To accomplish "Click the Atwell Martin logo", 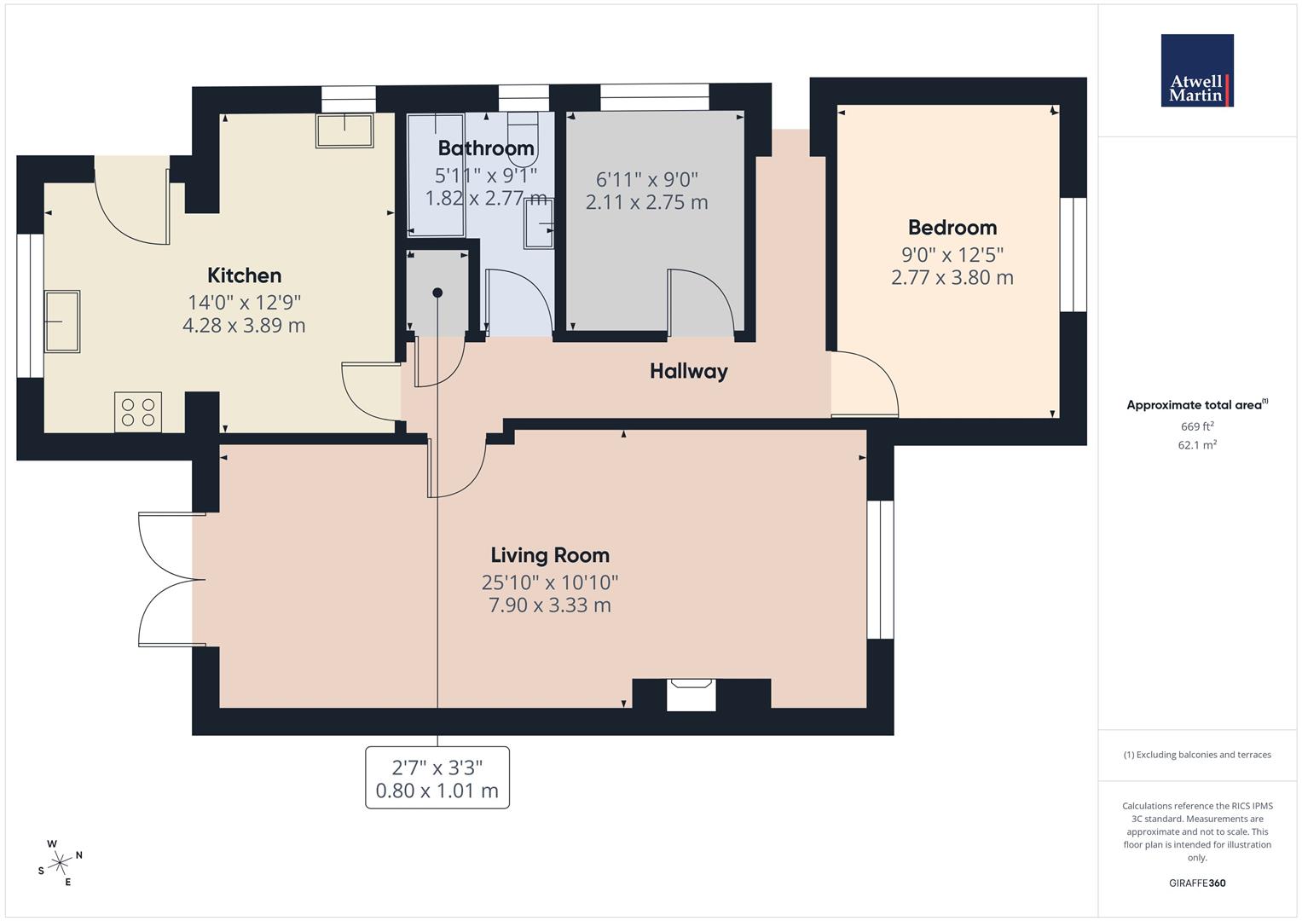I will point(1196,71).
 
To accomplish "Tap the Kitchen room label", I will point(244,275).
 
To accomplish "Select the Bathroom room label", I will point(486,148).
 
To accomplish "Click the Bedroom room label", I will point(952,228).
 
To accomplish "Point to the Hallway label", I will point(688,371).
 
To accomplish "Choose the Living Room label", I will point(550,555).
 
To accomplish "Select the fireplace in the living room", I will point(691,692).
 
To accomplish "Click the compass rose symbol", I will point(60,863).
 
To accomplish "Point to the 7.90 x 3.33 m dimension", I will point(550,605).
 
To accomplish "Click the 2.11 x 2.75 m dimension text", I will point(646,203).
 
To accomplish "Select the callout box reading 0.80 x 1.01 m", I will point(437,778).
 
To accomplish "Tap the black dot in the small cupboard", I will point(437,293).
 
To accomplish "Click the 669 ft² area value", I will point(1197,426).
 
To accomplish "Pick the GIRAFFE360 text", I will point(1197,883).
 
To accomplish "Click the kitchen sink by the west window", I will point(62,321).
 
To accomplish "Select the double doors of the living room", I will point(171,579).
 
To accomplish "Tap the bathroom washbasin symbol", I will point(539,223).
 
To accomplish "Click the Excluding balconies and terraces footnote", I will point(1197,755).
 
